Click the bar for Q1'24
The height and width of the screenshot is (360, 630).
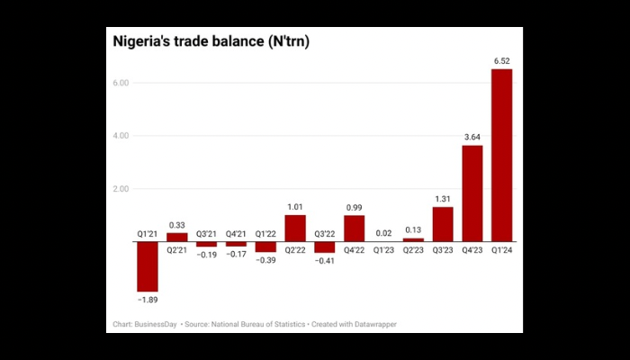pos(502,155)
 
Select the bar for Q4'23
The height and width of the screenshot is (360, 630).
pos(472,193)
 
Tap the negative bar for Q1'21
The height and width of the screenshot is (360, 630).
pos(148,266)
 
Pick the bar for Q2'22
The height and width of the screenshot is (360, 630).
pos(295,229)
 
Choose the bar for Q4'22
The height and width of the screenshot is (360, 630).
pos(355,229)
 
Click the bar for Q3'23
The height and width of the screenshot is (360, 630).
pos(443,224)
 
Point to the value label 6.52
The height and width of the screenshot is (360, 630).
pos(502,61)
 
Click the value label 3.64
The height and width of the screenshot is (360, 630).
pos(472,137)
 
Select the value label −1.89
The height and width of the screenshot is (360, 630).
pos(148,299)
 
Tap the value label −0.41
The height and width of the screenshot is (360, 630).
pos(325,261)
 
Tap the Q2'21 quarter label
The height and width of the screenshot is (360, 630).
pos(177,250)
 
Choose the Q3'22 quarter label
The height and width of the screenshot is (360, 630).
pos(325,233)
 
